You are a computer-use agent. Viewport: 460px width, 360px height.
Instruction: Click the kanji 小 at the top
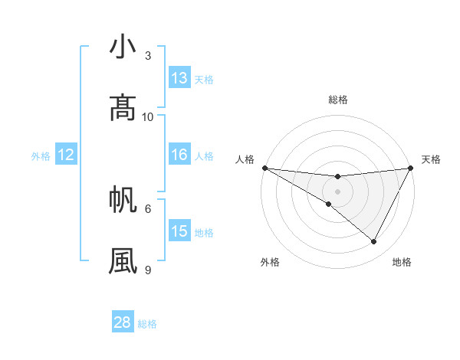pyautogui.click(x=123, y=47)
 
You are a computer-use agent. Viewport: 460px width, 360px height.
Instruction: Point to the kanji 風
pyautogui.click(x=123, y=260)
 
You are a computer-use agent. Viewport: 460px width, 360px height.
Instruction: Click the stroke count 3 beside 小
pyautogui.click(x=148, y=56)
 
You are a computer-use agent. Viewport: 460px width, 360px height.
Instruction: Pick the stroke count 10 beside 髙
pyautogui.click(x=148, y=116)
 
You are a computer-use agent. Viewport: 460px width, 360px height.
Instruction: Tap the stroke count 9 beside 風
pyautogui.click(x=148, y=270)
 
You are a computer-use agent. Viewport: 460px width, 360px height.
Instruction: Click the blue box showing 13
pyautogui.click(x=179, y=78)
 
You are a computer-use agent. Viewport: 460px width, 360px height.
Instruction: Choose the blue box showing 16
pyautogui.click(x=179, y=155)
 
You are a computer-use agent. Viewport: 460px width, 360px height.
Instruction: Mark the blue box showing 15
pyautogui.click(x=179, y=231)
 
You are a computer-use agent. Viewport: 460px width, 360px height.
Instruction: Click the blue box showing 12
pyautogui.click(x=66, y=155)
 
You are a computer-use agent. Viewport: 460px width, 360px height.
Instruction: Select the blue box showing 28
pyautogui.click(x=123, y=322)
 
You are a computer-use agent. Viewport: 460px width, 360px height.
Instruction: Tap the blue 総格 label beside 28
pyautogui.click(x=148, y=324)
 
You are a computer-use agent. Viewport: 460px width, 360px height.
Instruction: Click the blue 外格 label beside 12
pyautogui.click(x=41, y=156)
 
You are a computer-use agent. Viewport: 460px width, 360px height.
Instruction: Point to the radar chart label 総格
pyautogui.click(x=337, y=100)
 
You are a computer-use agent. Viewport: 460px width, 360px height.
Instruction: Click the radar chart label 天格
pyautogui.click(x=431, y=159)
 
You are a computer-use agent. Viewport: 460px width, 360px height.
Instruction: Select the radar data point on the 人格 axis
pyautogui.click(x=264, y=168)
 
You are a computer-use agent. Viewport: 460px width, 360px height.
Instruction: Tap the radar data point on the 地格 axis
pyautogui.click(x=374, y=242)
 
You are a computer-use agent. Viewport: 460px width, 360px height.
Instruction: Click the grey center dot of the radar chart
pyautogui.click(x=337, y=191)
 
